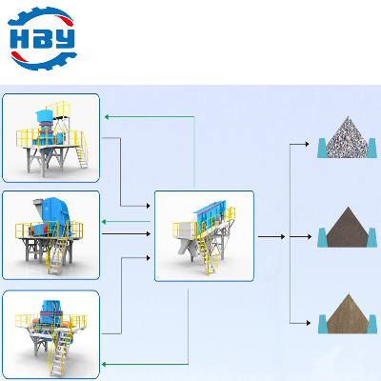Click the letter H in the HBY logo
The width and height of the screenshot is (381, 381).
click(x=19, y=39)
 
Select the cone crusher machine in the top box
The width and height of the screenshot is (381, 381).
click(x=52, y=139)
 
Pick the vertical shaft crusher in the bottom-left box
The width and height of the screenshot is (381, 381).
click(x=51, y=336)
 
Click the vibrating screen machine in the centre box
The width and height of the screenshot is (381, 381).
click(x=204, y=236)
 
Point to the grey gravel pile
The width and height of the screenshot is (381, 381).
click(x=348, y=137)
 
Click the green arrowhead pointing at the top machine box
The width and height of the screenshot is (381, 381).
click(x=107, y=117)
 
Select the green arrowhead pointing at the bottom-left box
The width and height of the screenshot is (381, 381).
click(x=104, y=364)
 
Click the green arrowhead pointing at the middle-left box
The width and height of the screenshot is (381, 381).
click(x=104, y=221)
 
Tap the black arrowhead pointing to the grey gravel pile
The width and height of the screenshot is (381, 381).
click(x=307, y=144)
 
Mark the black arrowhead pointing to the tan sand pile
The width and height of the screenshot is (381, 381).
click(x=309, y=323)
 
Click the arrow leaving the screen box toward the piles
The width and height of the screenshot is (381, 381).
click(x=271, y=236)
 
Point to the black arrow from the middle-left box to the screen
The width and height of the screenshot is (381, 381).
click(x=126, y=234)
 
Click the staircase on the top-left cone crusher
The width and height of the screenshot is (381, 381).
click(x=81, y=155)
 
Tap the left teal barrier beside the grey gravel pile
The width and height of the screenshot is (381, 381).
click(x=322, y=148)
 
